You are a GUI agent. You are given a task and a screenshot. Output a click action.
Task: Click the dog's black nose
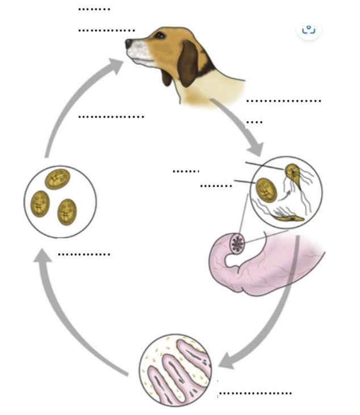pos(129,43)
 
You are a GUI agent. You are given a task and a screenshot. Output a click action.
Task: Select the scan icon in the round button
pos(309,30)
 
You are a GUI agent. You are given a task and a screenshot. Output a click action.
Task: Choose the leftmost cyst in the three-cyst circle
pos(40,203)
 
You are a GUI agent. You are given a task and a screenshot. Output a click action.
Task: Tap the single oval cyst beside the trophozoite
pos(266,190)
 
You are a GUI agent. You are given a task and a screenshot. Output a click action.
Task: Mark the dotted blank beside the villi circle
pos(256,393)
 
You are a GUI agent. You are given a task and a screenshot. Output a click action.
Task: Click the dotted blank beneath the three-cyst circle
pos(84,254)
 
